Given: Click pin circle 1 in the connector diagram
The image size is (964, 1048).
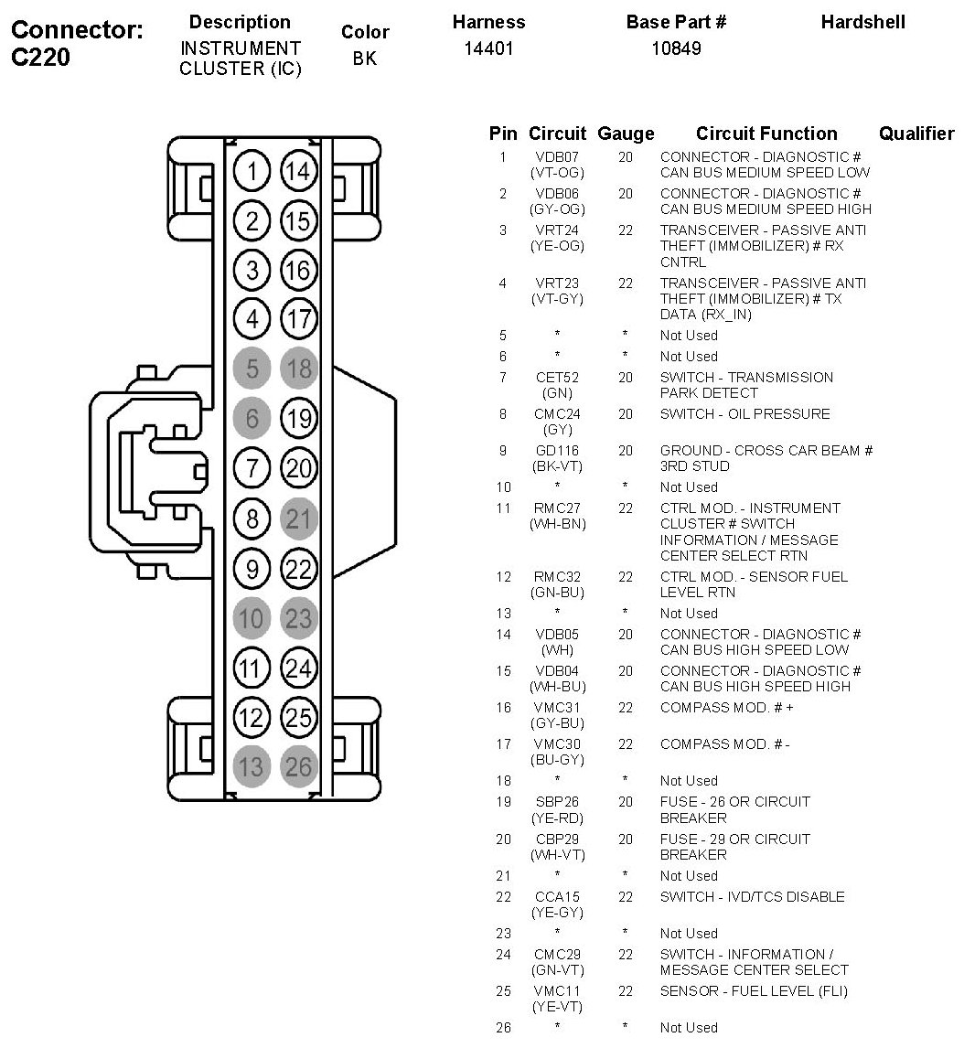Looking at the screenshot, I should coord(251,171).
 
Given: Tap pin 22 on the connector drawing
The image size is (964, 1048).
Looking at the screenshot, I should coord(299,569).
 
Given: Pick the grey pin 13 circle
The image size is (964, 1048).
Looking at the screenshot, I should coord(251,766).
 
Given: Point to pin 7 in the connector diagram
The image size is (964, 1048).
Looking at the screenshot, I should coord(251,469).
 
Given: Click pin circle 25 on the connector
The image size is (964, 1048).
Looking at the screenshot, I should coord(299,717).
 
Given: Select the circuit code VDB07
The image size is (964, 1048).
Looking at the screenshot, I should coord(557,157).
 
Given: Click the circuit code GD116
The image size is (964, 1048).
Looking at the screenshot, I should coord(557,451).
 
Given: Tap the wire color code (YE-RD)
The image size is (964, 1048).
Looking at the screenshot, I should coord(557,818).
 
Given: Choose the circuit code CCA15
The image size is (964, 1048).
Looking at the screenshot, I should coord(557,897).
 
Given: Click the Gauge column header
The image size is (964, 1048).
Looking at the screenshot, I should coord(626,134).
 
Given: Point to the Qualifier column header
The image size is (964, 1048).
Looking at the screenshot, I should coord(916,134).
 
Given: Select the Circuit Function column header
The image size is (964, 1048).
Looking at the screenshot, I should coord(766,134).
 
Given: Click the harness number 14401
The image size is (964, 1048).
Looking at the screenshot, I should coord(489,48).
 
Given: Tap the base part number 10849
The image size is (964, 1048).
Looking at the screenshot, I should coord(676,48).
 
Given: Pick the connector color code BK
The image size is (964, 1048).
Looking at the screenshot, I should coord(365,59).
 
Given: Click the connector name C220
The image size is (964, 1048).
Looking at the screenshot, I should coord(41,58).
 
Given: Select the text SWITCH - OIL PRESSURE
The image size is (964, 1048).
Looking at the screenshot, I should coord(744,414).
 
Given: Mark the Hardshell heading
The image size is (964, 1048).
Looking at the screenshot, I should coord(862,22).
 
